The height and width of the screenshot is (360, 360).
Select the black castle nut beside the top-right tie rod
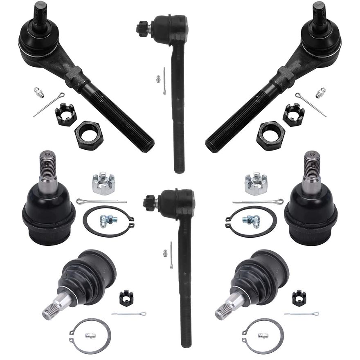click(293, 114)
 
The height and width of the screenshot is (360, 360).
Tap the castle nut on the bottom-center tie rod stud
click(150, 202)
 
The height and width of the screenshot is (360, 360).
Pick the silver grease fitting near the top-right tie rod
click(320, 92)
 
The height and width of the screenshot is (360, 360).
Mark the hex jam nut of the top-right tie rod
click(270, 135)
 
